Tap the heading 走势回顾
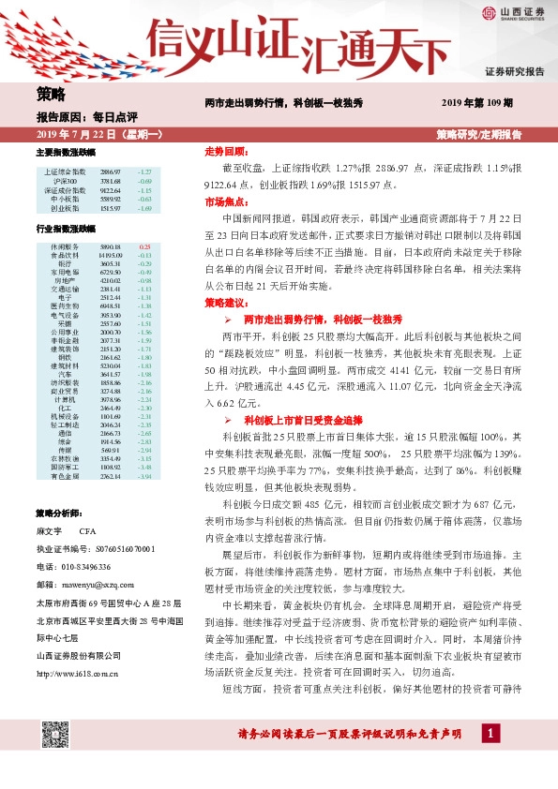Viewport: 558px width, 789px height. pyautogui.click(x=225, y=151)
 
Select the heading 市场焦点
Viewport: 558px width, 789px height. pyautogui.click(x=225, y=201)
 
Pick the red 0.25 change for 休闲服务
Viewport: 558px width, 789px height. pyautogui.click(x=144, y=246)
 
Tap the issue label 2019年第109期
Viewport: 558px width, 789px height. pyautogui.click(x=477, y=102)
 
